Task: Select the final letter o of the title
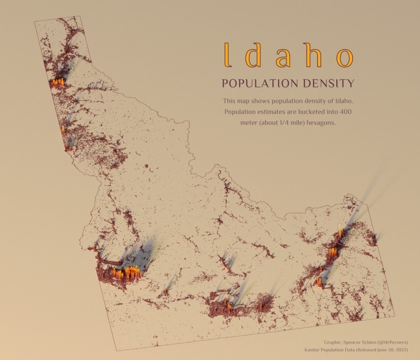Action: pos(344,57)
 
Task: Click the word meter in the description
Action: pos(250,123)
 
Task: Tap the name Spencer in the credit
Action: pos(360,341)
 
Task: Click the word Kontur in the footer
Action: pos(314,349)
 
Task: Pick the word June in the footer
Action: pos(383,349)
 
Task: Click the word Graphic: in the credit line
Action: pos(335,341)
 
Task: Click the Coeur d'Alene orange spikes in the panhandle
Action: pos(58,82)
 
